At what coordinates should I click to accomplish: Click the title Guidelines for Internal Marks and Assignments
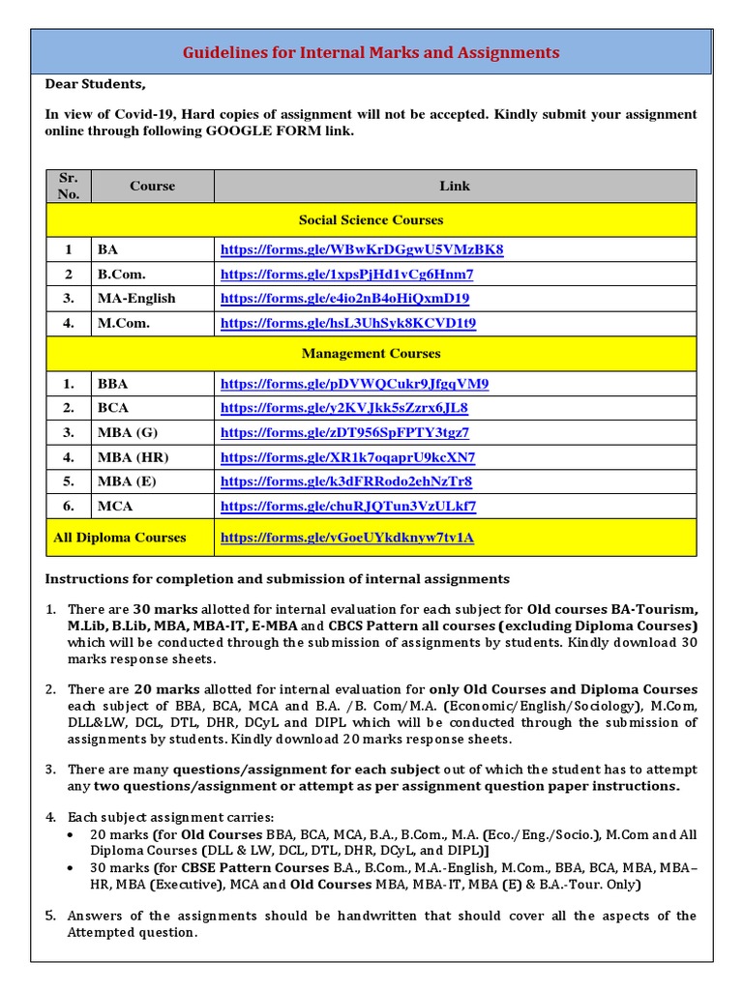pyautogui.click(x=371, y=52)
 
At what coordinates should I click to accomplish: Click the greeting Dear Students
pyautogui.click(x=95, y=84)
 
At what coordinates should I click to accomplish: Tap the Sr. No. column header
pyautogui.click(x=69, y=186)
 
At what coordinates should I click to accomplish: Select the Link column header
pyautogui.click(x=454, y=186)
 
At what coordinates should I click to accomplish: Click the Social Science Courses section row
pyautogui.click(x=371, y=219)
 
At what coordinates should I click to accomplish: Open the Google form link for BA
pyautogui.click(x=362, y=249)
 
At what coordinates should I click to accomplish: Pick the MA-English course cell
pyautogui.click(x=136, y=299)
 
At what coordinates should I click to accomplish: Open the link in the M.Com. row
pyautogui.click(x=348, y=323)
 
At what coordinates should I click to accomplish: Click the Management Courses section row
pyautogui.click(x=371, y=354)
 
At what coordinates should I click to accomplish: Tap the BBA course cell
pyautogui.click(x=112, y=384)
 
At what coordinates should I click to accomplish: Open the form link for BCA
pyautogui.click(x=344, y=408)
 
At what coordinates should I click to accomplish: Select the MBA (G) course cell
pyautogui.click(x=128, y=432)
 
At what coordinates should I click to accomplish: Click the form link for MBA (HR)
pyautogui.click(x=348, y=457)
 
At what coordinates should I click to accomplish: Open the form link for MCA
pyautogui.click(x=348, y=506)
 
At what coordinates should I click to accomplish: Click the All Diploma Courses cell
pyautogui.click(x=120, y=538)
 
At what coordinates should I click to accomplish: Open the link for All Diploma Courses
pyautogui.click(x=347, y=538)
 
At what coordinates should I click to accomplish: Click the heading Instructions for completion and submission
pyautogui.click(x=277, y=579)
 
